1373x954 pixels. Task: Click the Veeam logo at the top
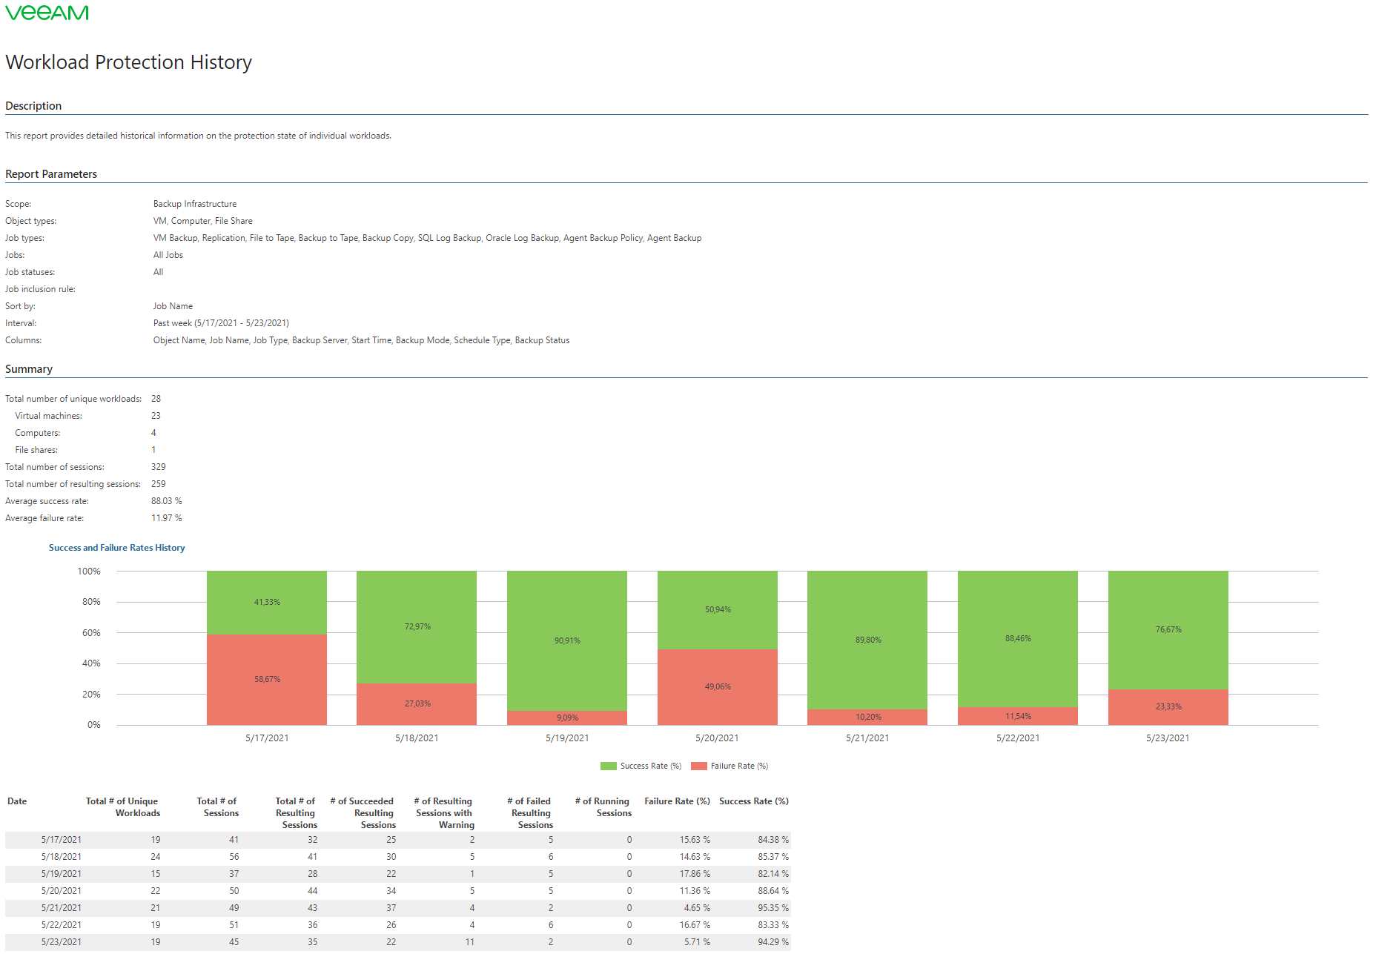(x=47, y=13)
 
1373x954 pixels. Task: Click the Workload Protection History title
(x=128, y=62)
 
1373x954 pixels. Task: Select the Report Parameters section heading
(x=51, y=174)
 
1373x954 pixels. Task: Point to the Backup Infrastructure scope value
(x=195, y=204)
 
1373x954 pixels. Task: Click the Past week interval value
(x=221, y=323)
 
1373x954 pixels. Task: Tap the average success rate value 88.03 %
(x=166, y=501)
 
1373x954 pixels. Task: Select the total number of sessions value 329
(x=159, y=467)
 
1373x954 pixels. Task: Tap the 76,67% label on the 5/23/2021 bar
(x=1168, y=630)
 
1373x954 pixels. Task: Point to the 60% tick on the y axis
(x=91, y=633)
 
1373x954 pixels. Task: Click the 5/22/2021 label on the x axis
(x=1018, y=738)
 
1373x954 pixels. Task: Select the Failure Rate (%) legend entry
(x=730, y=766)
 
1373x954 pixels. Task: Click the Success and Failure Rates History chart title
(x=117, y=548)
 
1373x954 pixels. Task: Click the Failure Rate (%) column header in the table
(x=677, y=801)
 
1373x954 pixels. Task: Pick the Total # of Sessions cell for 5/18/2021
(x=234, y=857)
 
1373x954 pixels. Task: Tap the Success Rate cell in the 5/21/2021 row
(x=772, y=908)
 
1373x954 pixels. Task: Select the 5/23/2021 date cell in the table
(x=62, y=942)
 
